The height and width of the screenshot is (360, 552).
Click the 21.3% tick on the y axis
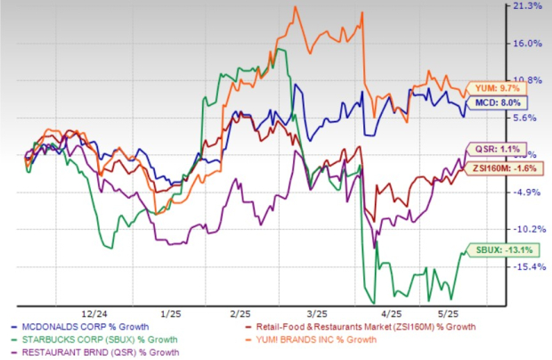click(x=528, y=6)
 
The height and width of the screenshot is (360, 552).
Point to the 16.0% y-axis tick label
click(x=528, y=43)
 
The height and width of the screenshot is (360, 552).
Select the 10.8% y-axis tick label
click(x=528, y=80)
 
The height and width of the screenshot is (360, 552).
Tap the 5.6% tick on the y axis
click(x=528, y=117)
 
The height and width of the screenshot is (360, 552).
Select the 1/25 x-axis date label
click(x=168, y=313)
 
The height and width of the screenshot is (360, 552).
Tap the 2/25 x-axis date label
click(x=239, y=313)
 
